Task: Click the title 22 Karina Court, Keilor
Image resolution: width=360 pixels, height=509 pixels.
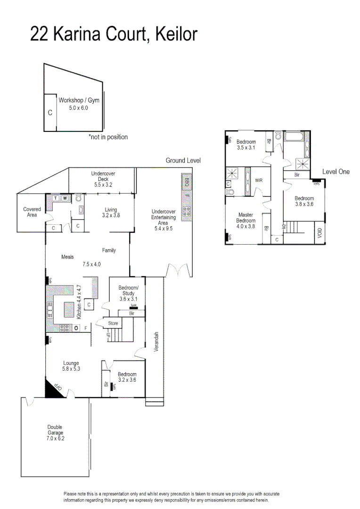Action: (114, 34)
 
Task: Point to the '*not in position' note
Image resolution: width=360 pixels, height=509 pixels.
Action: (108, 137)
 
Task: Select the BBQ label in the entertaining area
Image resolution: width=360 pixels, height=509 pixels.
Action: (186, 181)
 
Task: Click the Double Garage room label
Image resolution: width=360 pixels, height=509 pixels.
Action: (55, 433)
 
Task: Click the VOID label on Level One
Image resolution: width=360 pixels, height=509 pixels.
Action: (320, 233)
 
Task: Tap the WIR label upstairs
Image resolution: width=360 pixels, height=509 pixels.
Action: (259, 181)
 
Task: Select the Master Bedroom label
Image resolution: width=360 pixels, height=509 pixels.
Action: (245, 221)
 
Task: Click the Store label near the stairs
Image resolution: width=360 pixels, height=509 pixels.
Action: (113, 323)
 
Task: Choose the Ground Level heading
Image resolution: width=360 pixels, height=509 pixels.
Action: (183, 161)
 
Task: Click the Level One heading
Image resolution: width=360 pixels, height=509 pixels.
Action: (336, 172)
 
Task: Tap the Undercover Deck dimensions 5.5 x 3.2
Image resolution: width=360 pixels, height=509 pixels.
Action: (103, 185)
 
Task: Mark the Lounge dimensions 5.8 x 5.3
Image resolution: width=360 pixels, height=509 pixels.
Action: (72, 369)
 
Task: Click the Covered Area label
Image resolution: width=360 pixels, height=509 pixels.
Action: (32, 212)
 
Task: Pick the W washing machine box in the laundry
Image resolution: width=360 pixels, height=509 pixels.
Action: (65, 198)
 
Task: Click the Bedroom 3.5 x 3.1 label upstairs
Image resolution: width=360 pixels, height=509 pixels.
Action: (246, 145)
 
